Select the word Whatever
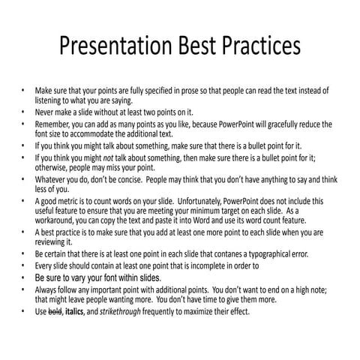[x=52, y=181]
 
